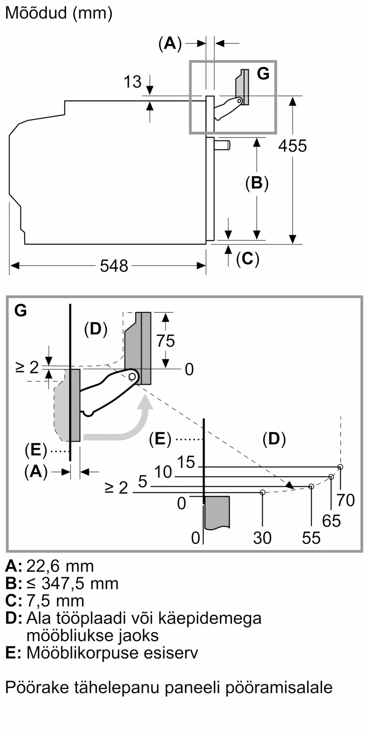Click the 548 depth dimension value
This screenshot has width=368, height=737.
click(114, 266)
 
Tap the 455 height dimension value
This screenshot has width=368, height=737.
click(293, 146)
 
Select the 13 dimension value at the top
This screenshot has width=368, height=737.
click(132, 82)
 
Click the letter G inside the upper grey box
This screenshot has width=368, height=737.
click(263, 73)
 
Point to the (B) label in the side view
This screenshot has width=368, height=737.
click(257, 183)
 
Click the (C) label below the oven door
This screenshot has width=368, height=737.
click(248, 259)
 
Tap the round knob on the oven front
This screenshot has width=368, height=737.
click(223, 145)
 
